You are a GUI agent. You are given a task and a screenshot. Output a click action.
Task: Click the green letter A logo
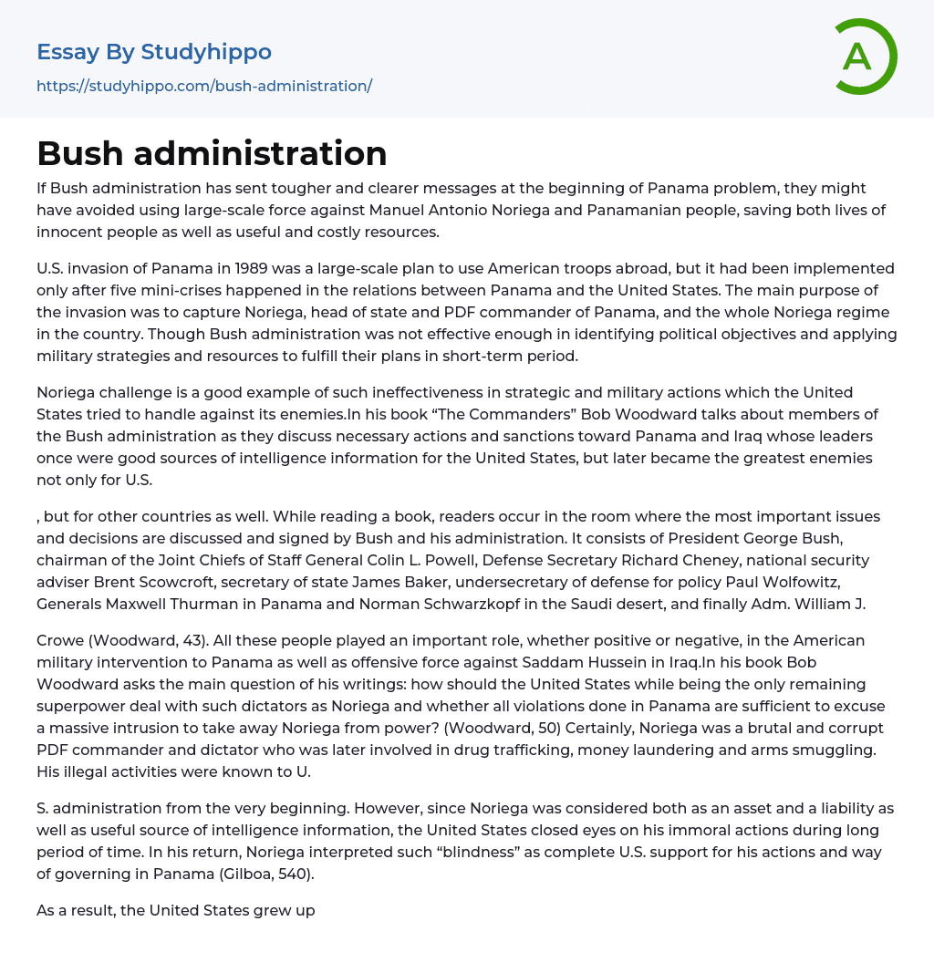pos(866,57)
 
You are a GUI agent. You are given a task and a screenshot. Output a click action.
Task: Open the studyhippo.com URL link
pos(204,86)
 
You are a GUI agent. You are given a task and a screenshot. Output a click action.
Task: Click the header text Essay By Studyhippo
pos(154,52)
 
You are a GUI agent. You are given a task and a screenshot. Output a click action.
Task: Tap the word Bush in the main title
pos(79,153)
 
